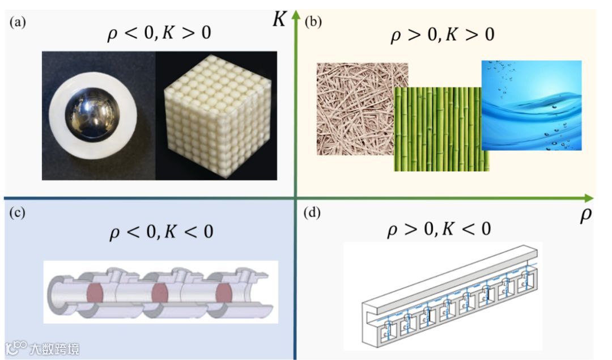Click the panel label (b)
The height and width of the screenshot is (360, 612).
(314, 22)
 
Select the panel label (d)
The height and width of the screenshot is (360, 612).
(314, 214)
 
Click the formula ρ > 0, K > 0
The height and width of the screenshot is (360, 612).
(443, 36)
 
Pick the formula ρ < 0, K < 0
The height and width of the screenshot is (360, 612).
(160, 231)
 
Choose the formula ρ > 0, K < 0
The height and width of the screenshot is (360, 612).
(438, 228)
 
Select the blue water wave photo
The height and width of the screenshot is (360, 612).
(532, 105)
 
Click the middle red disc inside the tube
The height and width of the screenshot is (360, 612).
(161, 293)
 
